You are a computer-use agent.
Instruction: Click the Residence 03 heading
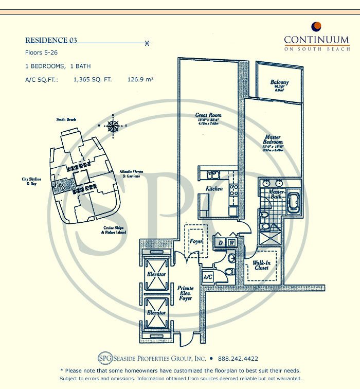[x=51, y=40]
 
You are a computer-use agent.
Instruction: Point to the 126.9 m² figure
[x=140, y=80]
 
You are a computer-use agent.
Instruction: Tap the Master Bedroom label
[x=272, y=139]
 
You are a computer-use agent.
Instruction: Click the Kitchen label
[x=214, y=189]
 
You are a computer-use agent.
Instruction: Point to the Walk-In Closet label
[x=261, y=266]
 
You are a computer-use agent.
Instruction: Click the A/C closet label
[x=208, y=277]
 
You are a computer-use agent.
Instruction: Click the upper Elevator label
[x=156, y=274]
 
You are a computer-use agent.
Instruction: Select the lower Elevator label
[x=156, y=313]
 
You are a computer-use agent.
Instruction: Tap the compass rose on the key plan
[x=113, y=126]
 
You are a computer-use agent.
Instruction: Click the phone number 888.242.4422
[x=238, y=359]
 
